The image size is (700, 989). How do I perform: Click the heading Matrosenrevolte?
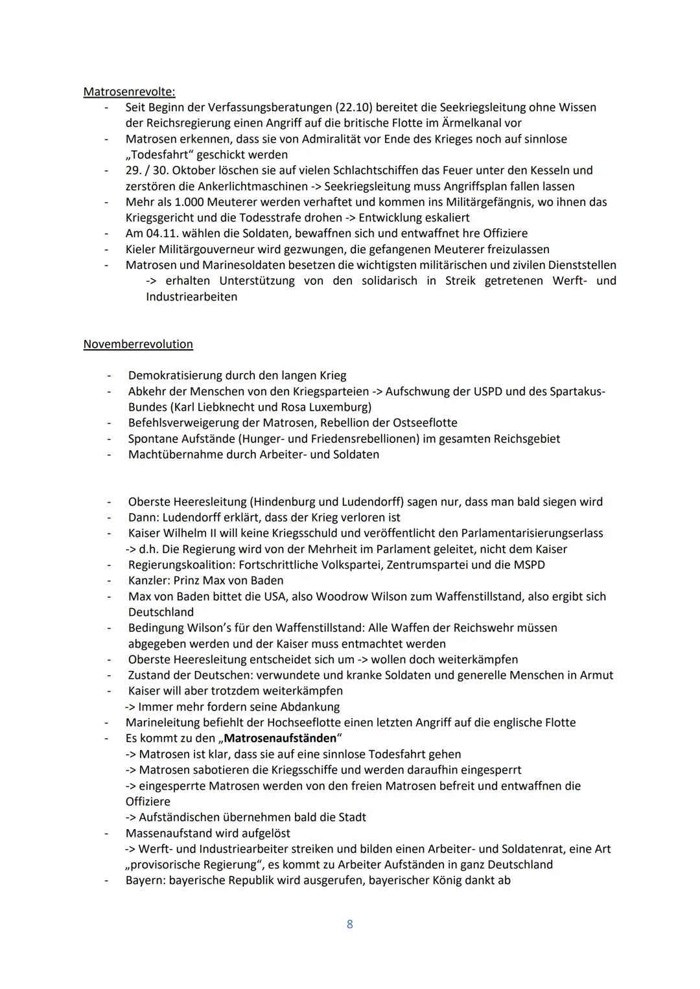(129, 92)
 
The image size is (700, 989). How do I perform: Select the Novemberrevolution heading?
(138, 345)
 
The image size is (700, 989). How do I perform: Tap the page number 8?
(350, 924)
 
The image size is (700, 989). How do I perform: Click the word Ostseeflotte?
(425, 423)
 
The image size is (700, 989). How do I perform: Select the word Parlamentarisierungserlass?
(531, 534)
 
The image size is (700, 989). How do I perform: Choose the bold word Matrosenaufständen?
(280, 738)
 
